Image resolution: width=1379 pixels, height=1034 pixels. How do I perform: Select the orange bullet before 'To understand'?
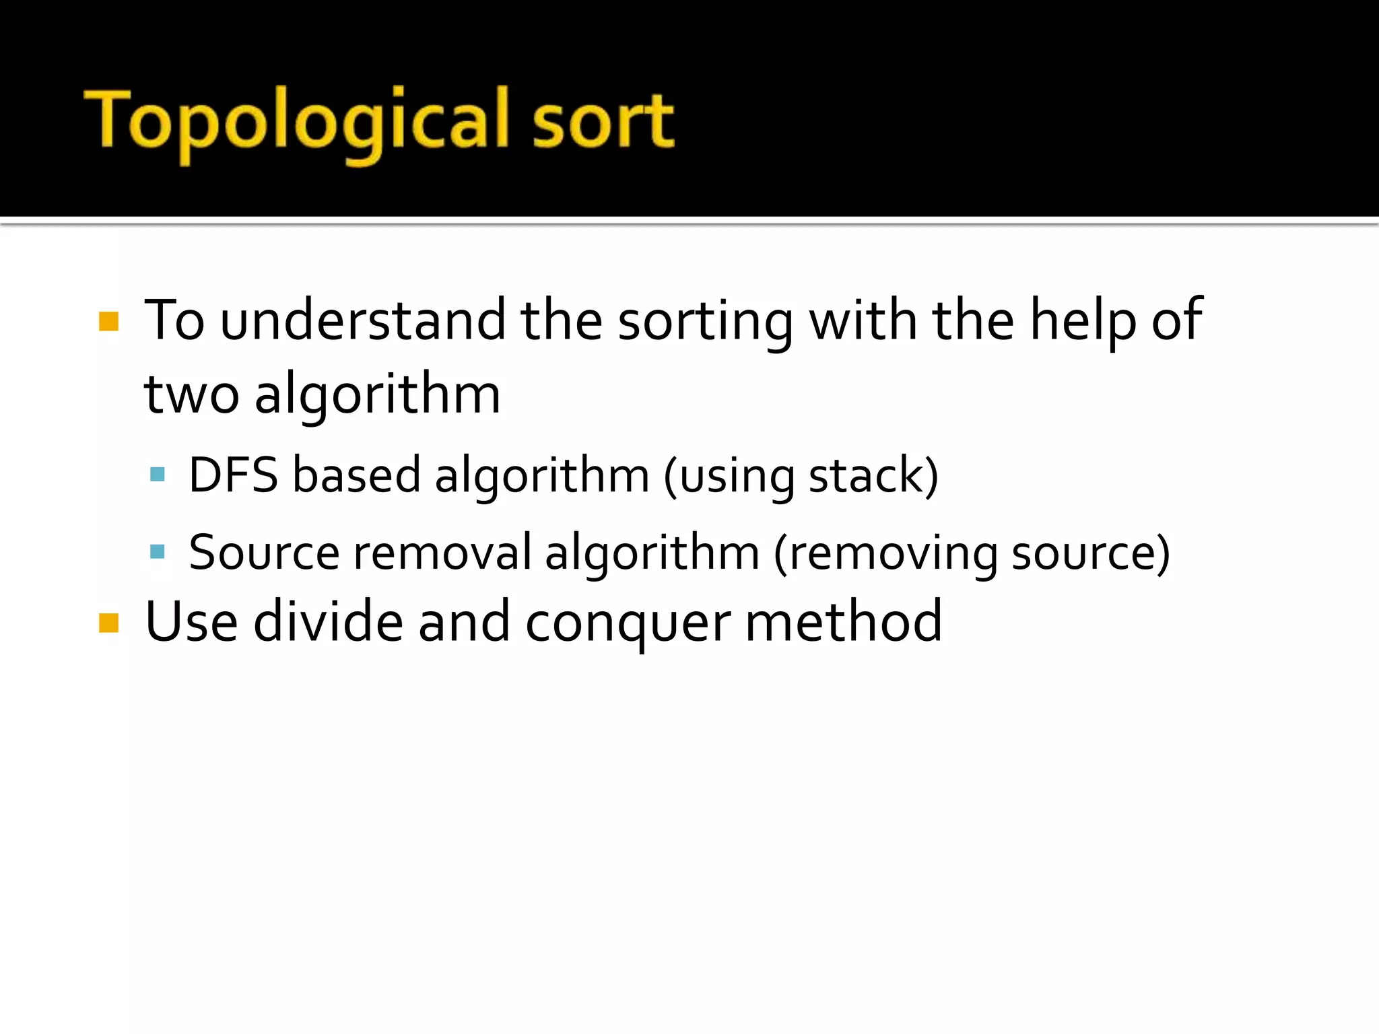pos(108,322)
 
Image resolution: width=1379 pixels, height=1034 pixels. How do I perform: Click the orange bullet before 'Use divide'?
pos(108,623)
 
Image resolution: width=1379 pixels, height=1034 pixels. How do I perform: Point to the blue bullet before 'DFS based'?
pos(158,475)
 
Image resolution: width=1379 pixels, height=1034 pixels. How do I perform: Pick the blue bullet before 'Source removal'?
pos(158,552)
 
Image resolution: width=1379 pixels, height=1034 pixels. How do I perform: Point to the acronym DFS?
pos(233,475)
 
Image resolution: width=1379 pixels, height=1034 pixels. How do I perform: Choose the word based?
pos(356,475)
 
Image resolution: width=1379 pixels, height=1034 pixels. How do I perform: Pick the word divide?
pos(328,622)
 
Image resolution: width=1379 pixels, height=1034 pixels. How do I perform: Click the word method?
pos(844,622)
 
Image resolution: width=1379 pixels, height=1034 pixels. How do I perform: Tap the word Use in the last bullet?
pos(191,622)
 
